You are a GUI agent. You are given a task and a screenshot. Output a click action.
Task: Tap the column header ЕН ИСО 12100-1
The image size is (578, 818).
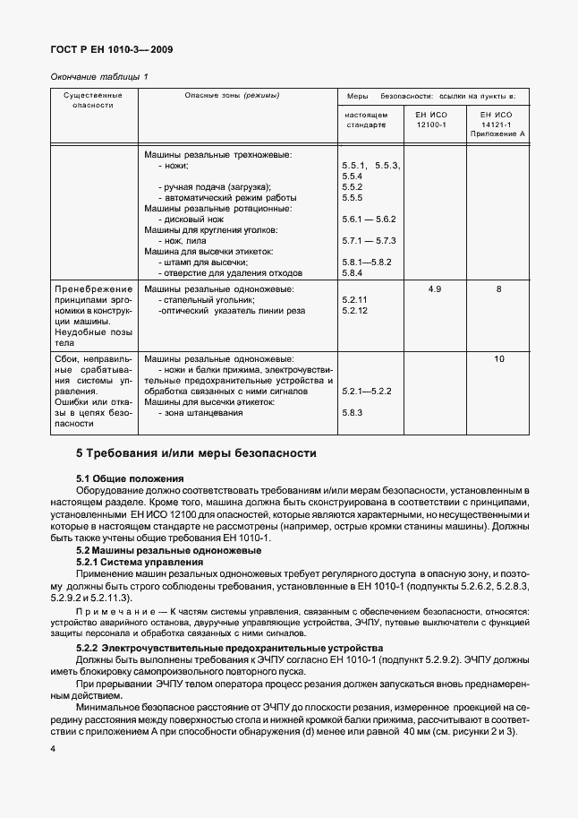(x=431, y=119)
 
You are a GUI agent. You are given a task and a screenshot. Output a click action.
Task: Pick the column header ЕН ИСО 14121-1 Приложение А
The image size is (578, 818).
(x=497, y=124)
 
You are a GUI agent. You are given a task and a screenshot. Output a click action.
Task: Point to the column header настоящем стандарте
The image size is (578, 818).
(x=367, y=119)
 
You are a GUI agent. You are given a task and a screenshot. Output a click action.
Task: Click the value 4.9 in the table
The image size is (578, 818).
(x=435, y=289)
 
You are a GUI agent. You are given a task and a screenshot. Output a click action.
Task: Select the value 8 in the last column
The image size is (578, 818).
(x=498, y=289)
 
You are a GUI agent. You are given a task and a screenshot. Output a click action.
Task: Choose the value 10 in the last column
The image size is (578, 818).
(x=498, y=358)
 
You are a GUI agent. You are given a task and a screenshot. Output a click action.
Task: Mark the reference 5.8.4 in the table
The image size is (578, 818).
(x=352, y=272)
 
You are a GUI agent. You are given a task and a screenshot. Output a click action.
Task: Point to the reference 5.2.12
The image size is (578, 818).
(x=354, y=311)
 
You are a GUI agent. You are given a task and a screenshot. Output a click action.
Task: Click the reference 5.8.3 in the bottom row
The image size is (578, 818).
(x=352, y=413)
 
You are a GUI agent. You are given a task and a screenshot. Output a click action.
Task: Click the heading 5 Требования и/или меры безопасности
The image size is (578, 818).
(x=196, y=452)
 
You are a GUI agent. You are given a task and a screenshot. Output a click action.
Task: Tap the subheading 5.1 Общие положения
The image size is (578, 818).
(x=130, y=479)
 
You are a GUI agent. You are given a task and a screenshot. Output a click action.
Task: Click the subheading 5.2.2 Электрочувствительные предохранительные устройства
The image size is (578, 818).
(x=242, y=647)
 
